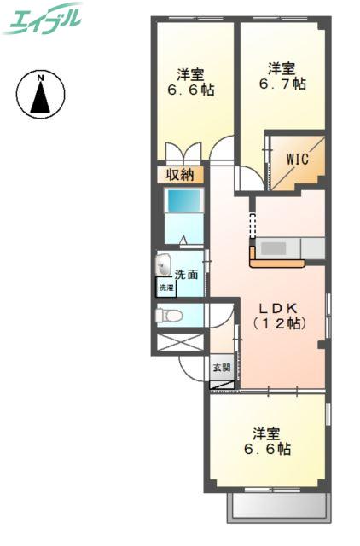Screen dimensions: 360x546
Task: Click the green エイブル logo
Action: (x=42, y=19)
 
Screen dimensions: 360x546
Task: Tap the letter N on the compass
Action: (x=41, y=78)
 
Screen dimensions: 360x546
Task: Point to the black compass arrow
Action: (x=41, y=96)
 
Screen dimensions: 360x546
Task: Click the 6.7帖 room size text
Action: (x=282, y=84)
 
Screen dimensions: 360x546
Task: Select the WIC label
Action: (x=298, y=160)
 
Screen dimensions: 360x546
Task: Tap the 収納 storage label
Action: (x=179, y=174)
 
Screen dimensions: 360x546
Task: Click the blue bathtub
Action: (x=183, y=200)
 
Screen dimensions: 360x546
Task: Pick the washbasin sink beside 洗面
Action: (x=163, y=264)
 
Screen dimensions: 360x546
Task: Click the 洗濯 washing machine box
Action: (x=166, y=288)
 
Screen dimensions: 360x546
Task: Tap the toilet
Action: (x=169, y=316)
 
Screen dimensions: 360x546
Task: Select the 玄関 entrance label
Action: (x=222, y=367)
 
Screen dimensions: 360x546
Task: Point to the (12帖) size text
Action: (x=280, y=324)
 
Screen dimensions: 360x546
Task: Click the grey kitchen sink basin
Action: (x=274, y=248)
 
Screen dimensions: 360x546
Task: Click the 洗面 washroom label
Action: (x=186, y=275)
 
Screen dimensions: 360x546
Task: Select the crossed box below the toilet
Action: (x=180, y=342)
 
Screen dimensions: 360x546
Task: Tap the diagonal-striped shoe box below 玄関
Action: (x=222, y=385)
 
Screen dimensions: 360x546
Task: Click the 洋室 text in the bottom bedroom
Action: (x=266, y=434)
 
